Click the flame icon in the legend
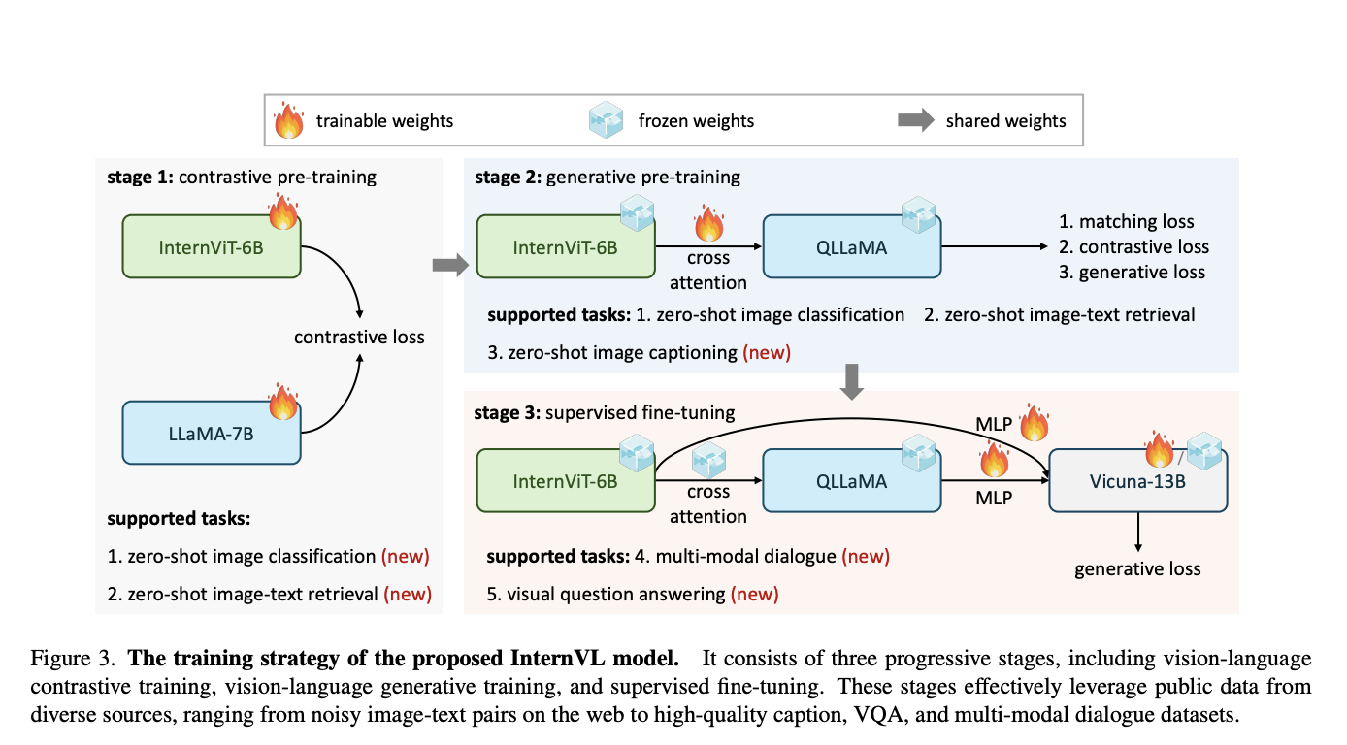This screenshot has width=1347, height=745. (x=289, y=121)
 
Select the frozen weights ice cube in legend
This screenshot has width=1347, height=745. (x=607, y=121)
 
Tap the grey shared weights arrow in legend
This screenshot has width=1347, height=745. (x=914, y=121)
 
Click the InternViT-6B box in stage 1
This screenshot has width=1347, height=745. (x=212, y=247)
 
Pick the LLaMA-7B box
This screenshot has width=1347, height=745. (x=212, y=433)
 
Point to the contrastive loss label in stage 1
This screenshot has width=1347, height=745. (x=359, y=338)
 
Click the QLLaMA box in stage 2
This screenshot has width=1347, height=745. (x=851, y=247)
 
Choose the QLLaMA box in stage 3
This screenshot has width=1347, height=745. (x=851, y=481)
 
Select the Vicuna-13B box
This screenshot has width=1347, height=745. (x=1137, y=481)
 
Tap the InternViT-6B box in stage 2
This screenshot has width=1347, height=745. (x=566, y=247)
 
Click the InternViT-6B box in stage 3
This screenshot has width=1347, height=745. (x=566, y=481)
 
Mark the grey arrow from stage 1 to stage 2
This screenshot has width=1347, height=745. (x=449, y=266)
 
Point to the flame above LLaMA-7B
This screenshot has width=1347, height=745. (x=282, y=400)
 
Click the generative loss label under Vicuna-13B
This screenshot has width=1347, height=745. (x=1137, y=568)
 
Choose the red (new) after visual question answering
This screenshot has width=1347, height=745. (x=754, y=594)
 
